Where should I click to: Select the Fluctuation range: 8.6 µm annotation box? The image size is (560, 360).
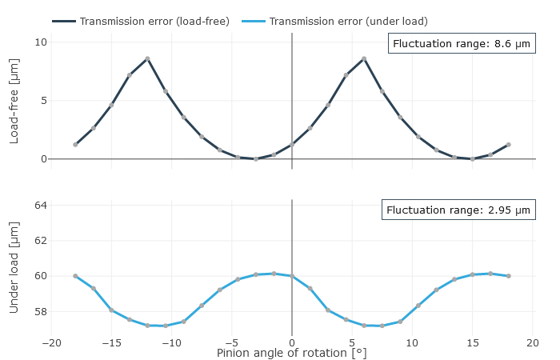tap(462, 43)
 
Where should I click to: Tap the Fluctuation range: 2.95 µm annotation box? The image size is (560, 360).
tap(458, 210)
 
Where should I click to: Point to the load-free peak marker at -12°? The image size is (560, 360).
tap(147, 58)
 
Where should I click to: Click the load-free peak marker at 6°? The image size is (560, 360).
tap(364, 58)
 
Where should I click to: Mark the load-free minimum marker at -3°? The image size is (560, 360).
tap(256, 159)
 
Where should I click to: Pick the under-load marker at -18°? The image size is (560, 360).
tap(75, 276)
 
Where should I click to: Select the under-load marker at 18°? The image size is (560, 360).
tap(509, 276)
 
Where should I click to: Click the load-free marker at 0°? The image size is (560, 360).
tap(292, 145)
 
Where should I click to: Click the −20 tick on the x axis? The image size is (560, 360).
tap(51, 343)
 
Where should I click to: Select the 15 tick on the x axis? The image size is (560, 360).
tap(473, 343)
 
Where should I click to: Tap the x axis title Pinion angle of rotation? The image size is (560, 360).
tap(292, 353)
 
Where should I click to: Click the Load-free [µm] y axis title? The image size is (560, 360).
tap(14, 101)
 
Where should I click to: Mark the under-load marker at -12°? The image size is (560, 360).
tap(147, 326)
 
